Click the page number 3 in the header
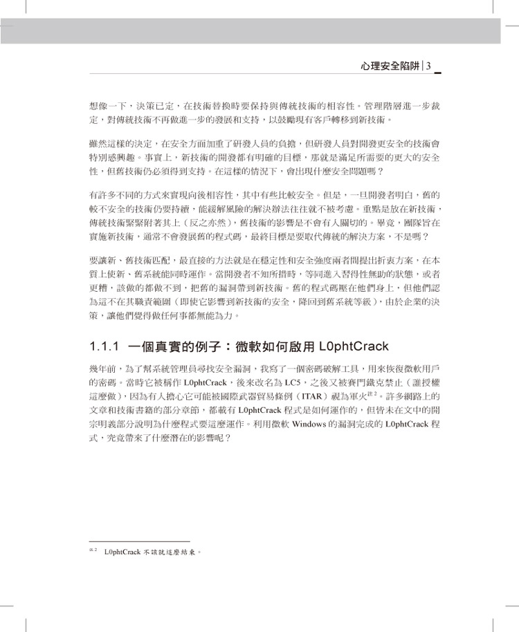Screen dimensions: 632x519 [429, 66]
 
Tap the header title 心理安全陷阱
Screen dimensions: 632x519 [391, 66]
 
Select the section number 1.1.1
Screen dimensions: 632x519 [106, 346]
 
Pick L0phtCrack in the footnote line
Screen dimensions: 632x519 [122, 552]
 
